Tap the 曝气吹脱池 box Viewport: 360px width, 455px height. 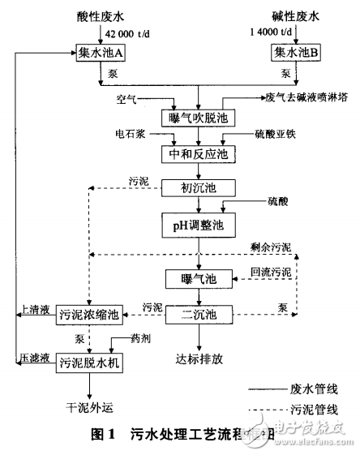pyautogui.click(x=198, y=118)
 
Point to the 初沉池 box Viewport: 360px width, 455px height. pyautogui.click(x=198, y=188)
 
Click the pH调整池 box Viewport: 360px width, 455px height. pyautogui.click(x=198, y=223)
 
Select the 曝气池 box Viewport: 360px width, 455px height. pyautogui.click(x=198, y=278)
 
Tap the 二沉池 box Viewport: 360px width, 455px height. pyautogui.click(x=198, y=315)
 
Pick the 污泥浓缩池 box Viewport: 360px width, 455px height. pyautogui.click(x=89, y=315)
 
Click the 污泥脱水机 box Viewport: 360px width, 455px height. pyautogui.click(x=89, y=363)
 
